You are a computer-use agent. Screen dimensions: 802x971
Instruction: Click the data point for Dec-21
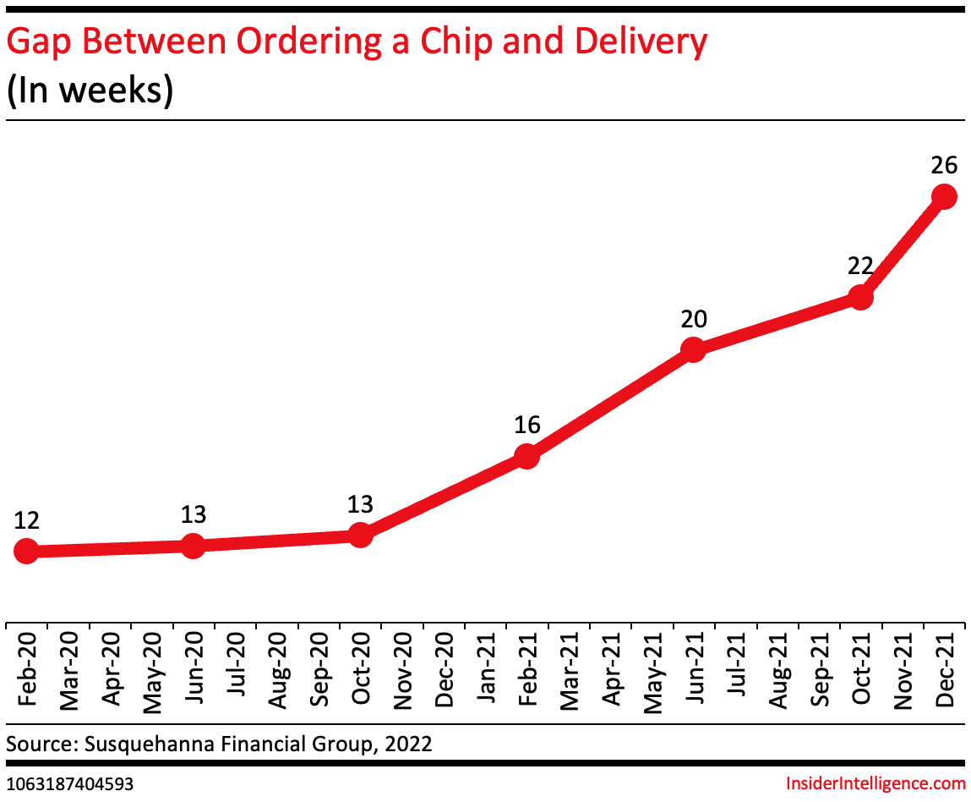[943, 197]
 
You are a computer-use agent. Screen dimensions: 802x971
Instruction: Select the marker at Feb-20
[26, 552]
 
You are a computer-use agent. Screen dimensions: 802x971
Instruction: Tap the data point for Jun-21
[693, 349]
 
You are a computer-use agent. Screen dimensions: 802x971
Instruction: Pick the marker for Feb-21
[526, 456]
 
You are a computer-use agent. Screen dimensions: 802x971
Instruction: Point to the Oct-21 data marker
[859, 298]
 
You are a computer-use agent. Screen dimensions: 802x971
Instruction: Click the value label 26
[943, 166]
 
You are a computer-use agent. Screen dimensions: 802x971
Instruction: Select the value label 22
[859, 266]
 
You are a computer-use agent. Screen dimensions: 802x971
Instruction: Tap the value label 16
[526, 425]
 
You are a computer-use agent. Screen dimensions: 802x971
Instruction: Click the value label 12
[26, 520]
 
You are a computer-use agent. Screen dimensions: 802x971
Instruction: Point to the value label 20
[693, 318]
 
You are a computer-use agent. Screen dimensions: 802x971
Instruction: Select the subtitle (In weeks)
[90, 91]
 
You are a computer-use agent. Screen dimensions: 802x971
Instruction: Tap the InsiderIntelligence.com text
[876, 783]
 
